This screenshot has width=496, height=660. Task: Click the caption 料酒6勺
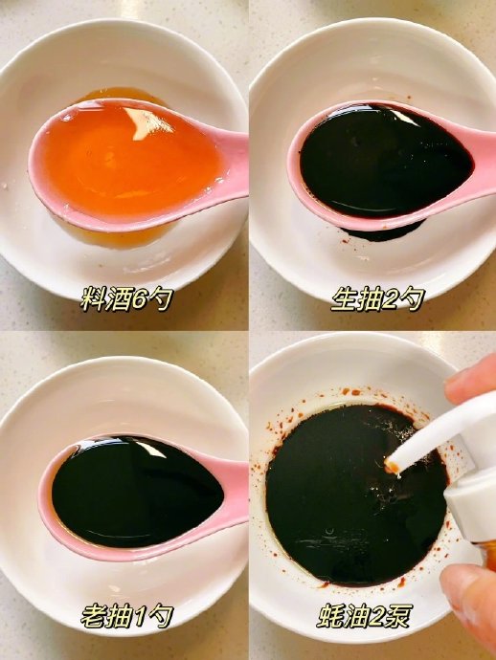[x=126, y=299]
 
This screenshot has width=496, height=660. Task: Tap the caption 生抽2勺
[x=377, y=299]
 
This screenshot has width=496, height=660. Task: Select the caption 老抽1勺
[x=126, y=617]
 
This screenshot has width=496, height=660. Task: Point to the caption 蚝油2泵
[x=365, y=617]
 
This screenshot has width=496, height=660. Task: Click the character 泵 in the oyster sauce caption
[x=399, y=617]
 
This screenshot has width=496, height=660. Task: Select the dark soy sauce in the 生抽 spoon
[x=386, y=160]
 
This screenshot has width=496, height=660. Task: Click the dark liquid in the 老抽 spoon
[x=137, y=492]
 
